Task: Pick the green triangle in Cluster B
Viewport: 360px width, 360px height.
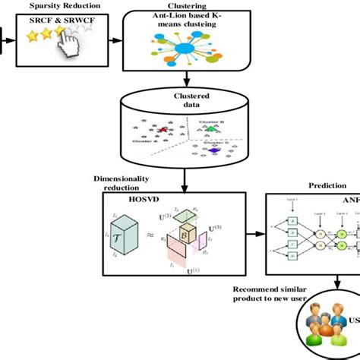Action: [x=209, y=130]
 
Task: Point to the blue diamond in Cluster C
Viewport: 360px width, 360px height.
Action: [x=214, y=150]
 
